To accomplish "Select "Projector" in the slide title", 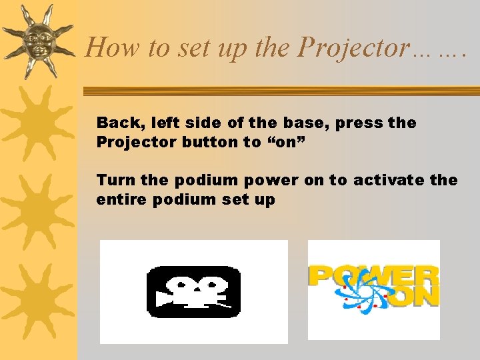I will coord(353,47).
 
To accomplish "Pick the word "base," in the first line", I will coord(305,123).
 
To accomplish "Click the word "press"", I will coord(357,123).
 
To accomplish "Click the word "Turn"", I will coord(114,180).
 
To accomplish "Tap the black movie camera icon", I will coord(193,292).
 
